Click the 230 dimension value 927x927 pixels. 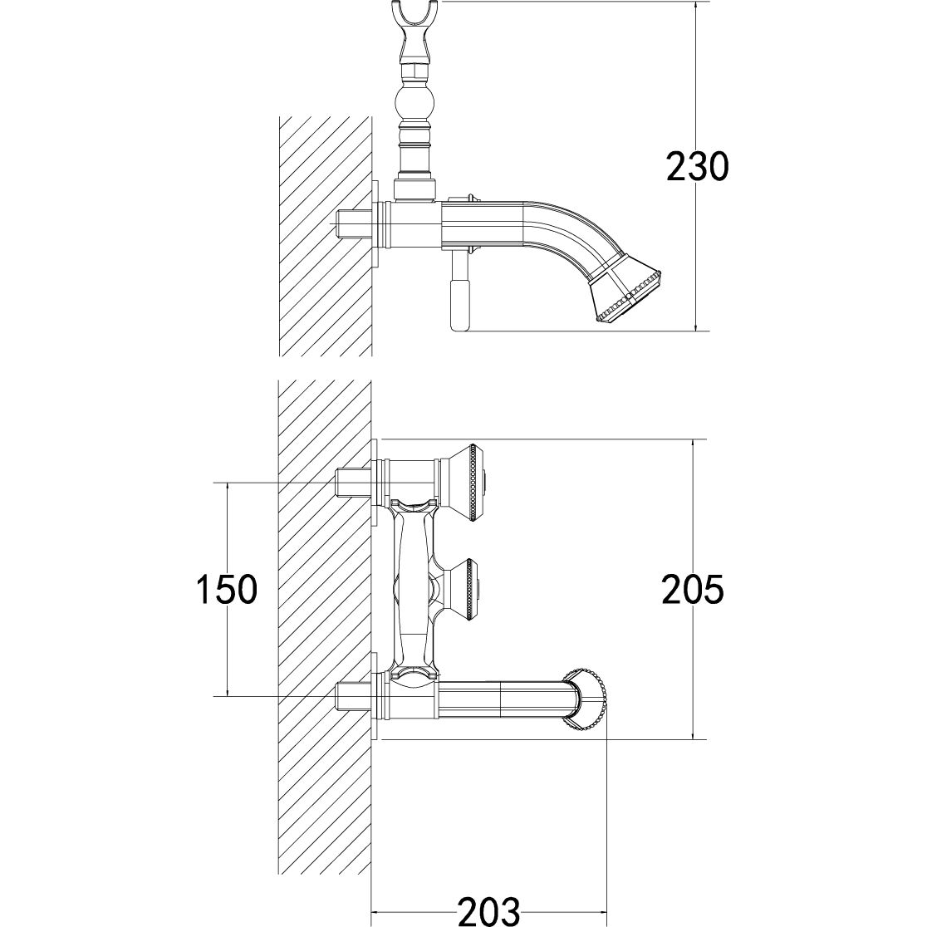(698, 166)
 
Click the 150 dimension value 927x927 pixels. (227, 589)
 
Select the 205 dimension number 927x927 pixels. (693, 589)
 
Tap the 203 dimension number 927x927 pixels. (489, 910)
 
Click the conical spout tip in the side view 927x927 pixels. (626, 295)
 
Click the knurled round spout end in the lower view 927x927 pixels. (585, 700)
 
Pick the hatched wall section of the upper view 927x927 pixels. (325, 236)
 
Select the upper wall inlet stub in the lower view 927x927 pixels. (353, 483)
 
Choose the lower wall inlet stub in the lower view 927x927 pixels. (353, 696)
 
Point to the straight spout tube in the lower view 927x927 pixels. (503, 699)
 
